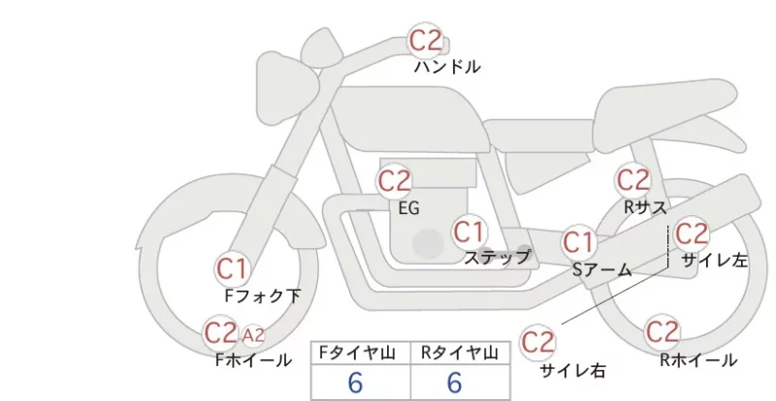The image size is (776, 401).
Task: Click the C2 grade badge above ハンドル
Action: coord(425,41)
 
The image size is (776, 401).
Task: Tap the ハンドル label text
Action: coord(447,67)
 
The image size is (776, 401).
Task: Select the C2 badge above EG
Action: coord(395,181)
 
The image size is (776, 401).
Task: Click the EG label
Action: coord(408,208)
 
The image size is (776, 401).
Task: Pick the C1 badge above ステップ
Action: coord(469,231)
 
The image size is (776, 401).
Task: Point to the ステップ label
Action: coord(497,257)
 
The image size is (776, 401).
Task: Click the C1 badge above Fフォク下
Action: coord(232,269)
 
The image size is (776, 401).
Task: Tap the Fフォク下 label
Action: coord(262,295)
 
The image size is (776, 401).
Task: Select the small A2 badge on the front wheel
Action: coord(253,336)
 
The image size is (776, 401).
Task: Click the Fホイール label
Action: coord(253,360)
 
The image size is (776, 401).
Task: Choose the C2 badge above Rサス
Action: coord(633,180)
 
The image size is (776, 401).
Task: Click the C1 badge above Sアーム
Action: coord(579,243)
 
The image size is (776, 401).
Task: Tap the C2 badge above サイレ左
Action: coord(692,234)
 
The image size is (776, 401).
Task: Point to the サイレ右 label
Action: coord(573,371)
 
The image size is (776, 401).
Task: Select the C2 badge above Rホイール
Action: coord(663,332)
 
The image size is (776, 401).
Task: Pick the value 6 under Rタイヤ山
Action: coord(455,383)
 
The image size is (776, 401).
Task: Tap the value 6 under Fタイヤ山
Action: coord(355,383)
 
